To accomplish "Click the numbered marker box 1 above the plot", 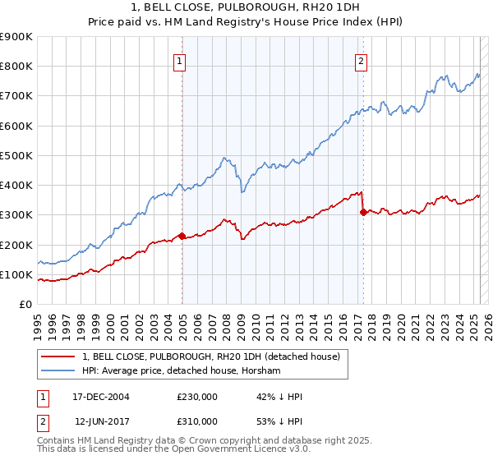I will click(x=179, y=59).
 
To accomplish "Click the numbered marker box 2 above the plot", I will click(x=361, y=59).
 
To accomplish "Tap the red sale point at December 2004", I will click(x=182, y=237).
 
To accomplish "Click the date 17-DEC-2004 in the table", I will click(x=101, y=398).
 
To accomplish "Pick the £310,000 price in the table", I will click(x=197, y=421).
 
